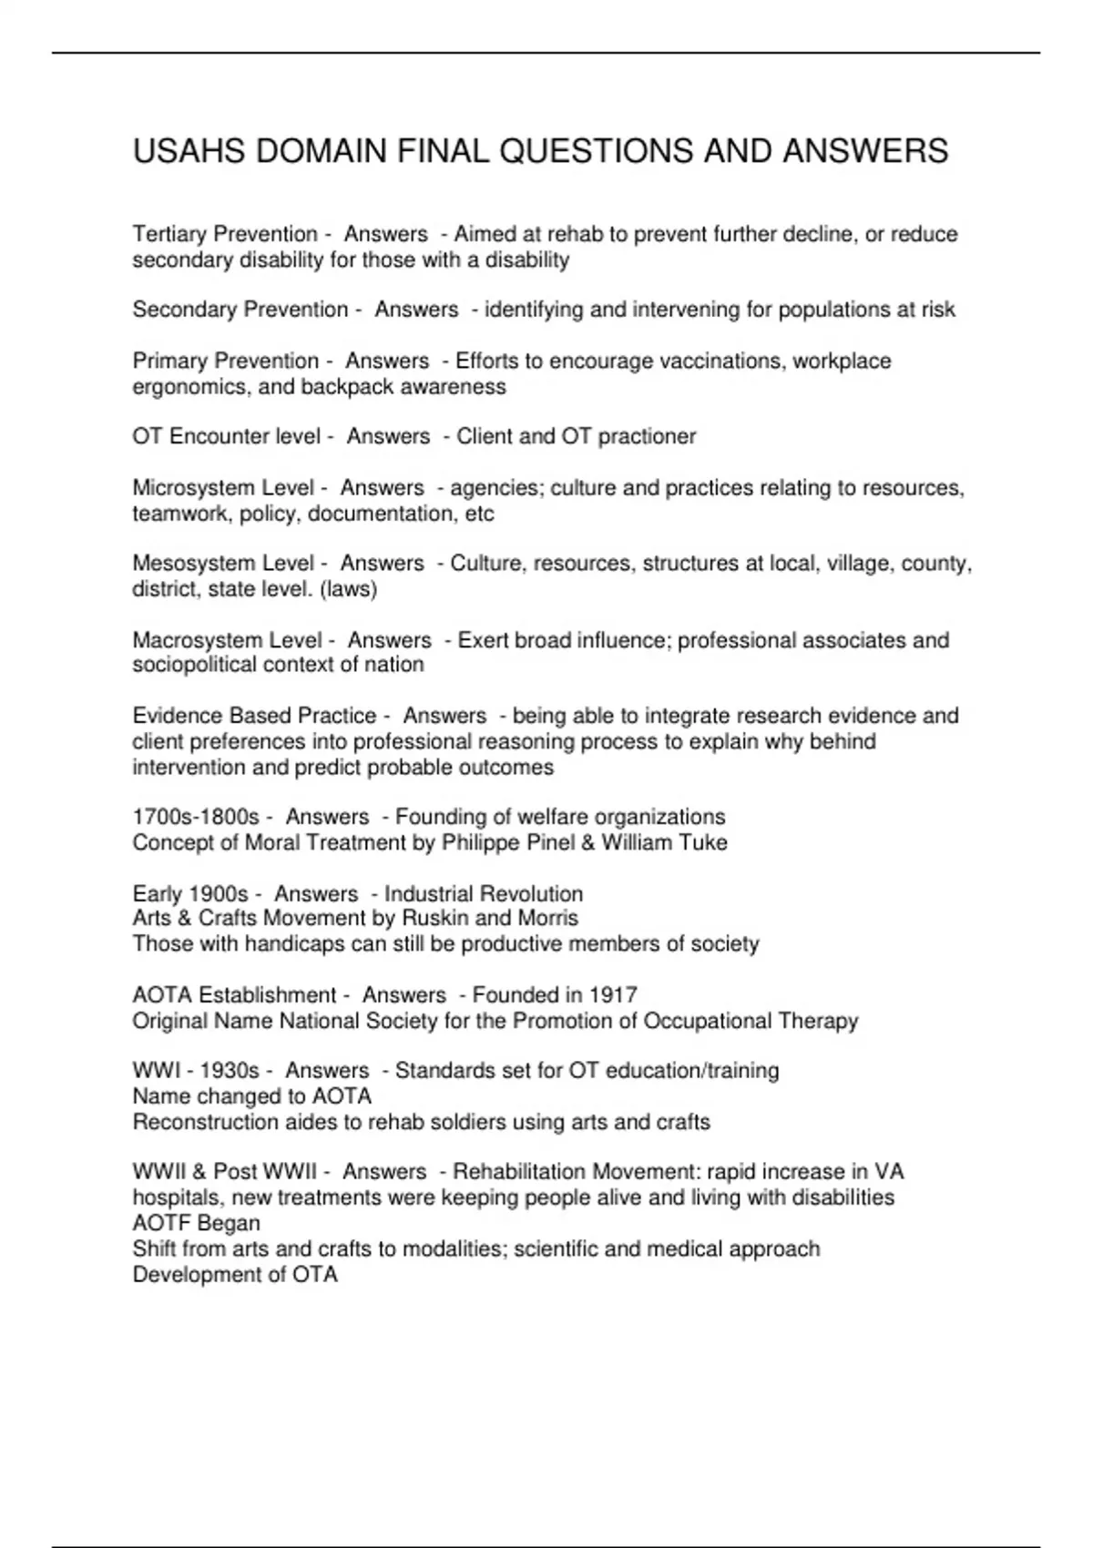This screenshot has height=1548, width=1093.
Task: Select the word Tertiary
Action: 169,235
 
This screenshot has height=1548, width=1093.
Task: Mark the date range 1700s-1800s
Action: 196,817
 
